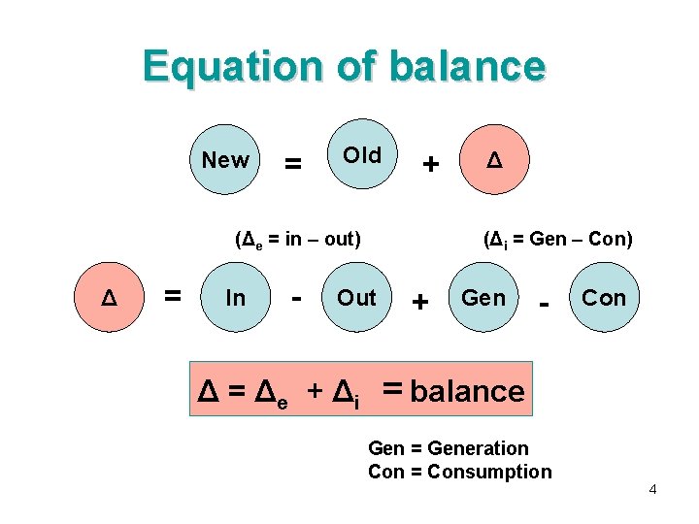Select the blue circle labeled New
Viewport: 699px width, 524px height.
coord(225,161)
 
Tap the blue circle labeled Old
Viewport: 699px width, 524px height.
coord(362,156)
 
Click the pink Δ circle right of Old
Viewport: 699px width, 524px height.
coord(494,159)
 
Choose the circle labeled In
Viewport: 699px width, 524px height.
coord(235,298)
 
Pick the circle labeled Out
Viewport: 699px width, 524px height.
coord(356,298)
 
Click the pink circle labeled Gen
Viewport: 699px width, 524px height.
coord(483,298)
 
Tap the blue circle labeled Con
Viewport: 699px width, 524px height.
coord(604,298)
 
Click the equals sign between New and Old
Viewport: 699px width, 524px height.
coord(290,165)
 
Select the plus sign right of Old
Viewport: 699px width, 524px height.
coord(429,165)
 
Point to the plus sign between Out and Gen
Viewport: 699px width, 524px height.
coord(420,302)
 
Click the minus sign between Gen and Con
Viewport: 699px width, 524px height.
coord(544,304)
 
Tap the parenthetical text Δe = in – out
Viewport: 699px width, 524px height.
coord(298,239)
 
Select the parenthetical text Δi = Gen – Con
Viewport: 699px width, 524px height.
coord(557,239)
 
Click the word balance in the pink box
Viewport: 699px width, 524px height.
coord(467,391)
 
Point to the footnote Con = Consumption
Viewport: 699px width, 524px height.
coord(459,473)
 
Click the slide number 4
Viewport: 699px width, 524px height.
coord(652,489)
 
